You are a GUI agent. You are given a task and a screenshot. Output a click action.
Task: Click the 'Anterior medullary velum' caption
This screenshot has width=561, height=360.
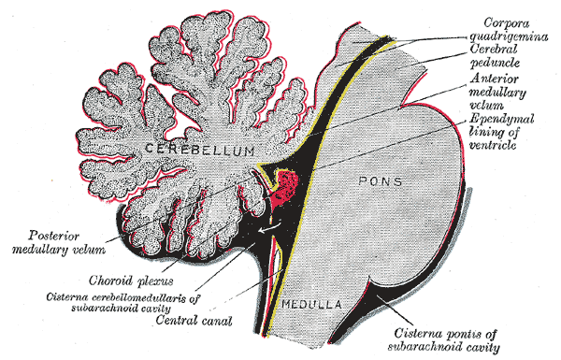click(x=504, y=94)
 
